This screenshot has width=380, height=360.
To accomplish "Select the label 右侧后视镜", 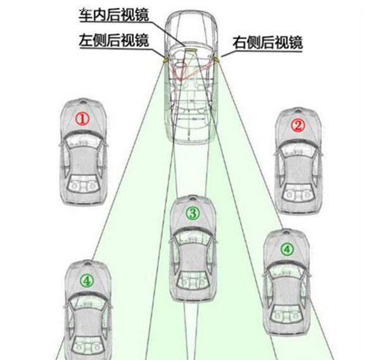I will click(x=268, y=43).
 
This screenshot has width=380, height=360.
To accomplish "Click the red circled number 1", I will click(x=83, y=118).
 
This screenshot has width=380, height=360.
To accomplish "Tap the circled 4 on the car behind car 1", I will click(x=86, y=278).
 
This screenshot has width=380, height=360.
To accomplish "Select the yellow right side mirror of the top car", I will click(x=217, y=58).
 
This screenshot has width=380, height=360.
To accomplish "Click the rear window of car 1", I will click(x=82, y=187).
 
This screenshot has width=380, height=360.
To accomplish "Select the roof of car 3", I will click(x=193, y=259).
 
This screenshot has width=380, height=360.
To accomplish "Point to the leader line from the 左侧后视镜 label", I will click(x=155, y=51).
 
